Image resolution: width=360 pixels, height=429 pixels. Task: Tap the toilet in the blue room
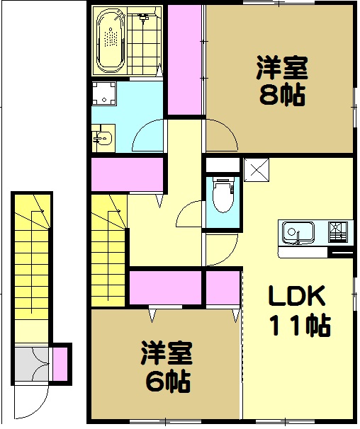[x=223, y=195]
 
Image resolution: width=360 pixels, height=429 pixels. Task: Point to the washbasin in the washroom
[x=103, y=138]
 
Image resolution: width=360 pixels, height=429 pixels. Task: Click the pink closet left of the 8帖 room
[x=184, y=60]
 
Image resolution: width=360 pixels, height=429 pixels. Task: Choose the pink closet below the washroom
[x=128, y=174]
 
